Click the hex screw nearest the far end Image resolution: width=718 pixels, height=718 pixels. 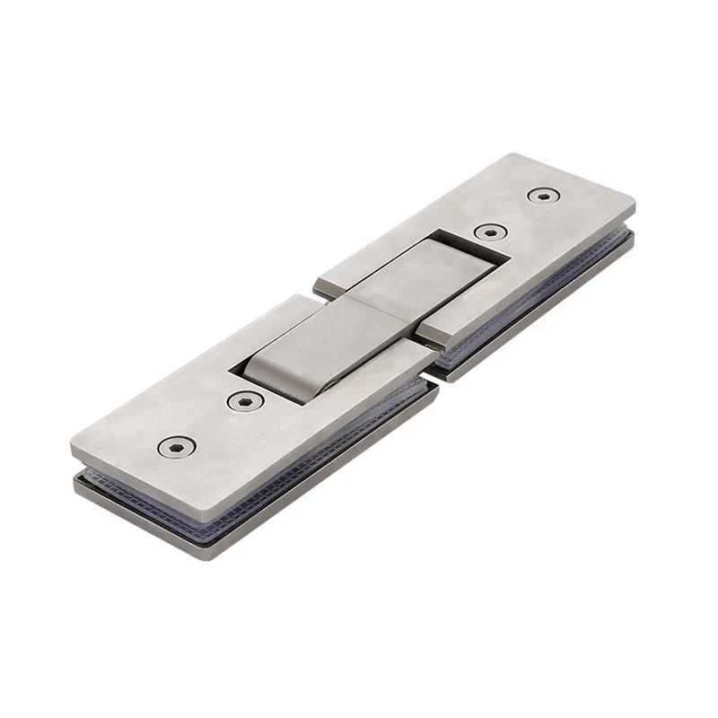pos(541,195)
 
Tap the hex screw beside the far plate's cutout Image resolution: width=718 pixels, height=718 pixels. pos(488,232)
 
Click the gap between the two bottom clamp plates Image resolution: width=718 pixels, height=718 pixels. pos(433,381)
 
